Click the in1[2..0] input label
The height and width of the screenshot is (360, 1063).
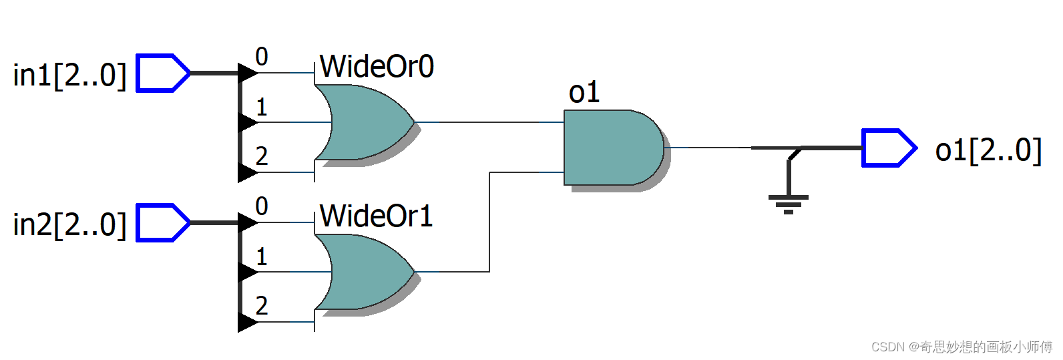point(69,75)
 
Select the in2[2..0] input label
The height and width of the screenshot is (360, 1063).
point(69,224)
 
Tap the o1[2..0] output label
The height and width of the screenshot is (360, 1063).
point(988,150)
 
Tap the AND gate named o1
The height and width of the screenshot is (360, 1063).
point(611,148)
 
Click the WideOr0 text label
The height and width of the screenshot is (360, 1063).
point(377,67)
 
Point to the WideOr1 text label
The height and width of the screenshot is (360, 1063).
point(377,216)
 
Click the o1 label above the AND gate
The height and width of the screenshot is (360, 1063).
point(584,93)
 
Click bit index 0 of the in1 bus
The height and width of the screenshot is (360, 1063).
point(262,57)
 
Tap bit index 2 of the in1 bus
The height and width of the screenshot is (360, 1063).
point(262,156)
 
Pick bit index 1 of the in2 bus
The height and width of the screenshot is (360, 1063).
point(262,256)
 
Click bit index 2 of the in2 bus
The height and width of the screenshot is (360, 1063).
point(262,306)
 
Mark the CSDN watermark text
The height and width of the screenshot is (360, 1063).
point(962,347)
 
